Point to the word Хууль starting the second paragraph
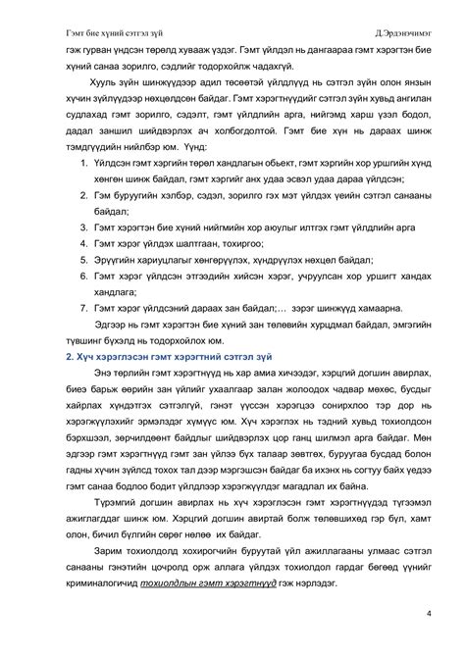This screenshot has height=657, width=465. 105,85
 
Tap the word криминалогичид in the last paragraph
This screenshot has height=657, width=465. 98,581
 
